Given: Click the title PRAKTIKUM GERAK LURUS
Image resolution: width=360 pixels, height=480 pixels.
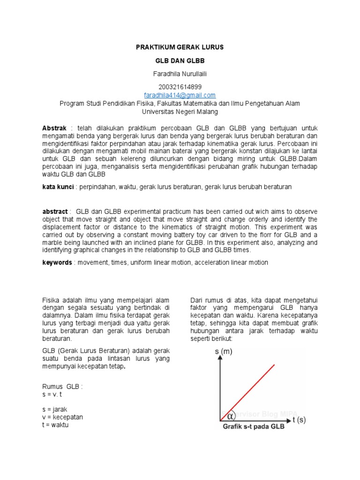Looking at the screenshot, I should (180, 47).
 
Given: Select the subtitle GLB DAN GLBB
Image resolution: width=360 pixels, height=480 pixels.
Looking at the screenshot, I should (180, 61).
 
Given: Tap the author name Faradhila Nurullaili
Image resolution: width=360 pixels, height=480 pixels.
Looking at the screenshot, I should (180, 75).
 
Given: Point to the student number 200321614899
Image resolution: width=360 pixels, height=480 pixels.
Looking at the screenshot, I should (180, 87).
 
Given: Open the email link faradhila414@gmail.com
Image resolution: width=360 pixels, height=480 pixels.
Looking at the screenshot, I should (180, 95).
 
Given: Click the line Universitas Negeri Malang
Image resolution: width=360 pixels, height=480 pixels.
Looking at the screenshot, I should (180, 112).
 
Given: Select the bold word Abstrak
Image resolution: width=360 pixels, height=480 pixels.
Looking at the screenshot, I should (55, 128).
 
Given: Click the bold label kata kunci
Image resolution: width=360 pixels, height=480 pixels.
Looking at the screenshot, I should (59, 187).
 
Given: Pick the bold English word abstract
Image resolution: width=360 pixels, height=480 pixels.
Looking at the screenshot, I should (55, 212).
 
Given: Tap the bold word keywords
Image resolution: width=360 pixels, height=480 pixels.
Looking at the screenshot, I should (57, 262).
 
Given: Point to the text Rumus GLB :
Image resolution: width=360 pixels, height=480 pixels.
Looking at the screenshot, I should (62, 387).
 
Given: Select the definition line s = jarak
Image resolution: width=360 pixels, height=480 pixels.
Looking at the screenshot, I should (55, 409).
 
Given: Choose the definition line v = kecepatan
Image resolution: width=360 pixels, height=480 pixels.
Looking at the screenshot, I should (62, 417).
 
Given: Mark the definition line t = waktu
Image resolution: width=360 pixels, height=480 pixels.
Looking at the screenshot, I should (55, 425).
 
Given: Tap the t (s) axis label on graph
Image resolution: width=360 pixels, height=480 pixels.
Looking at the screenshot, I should (299, 420).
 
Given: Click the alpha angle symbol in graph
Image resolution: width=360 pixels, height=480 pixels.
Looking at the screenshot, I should (231, 416).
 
